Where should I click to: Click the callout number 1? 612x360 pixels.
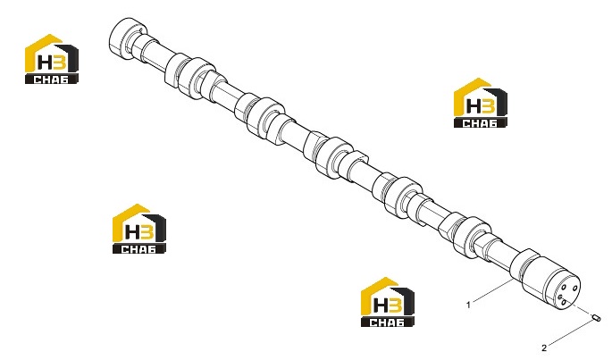[469, 305]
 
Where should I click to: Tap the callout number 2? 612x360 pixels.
[544, 347]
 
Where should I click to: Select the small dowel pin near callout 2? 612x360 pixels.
[597, 318]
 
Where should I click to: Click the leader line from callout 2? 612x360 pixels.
[570, 333]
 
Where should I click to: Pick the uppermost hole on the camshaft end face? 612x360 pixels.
[575, 289]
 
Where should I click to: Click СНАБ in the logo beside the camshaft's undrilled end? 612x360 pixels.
[51, 80]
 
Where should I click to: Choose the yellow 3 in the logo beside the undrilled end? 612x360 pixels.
[60, 63]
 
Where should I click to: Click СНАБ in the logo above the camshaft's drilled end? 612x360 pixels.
[480, 123]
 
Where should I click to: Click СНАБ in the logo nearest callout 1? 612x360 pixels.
[387, 322]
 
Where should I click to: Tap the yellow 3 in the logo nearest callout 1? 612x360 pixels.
[395, 306]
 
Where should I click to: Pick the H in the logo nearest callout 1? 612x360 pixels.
[381, 306]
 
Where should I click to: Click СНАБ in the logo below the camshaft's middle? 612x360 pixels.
[138, 249]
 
